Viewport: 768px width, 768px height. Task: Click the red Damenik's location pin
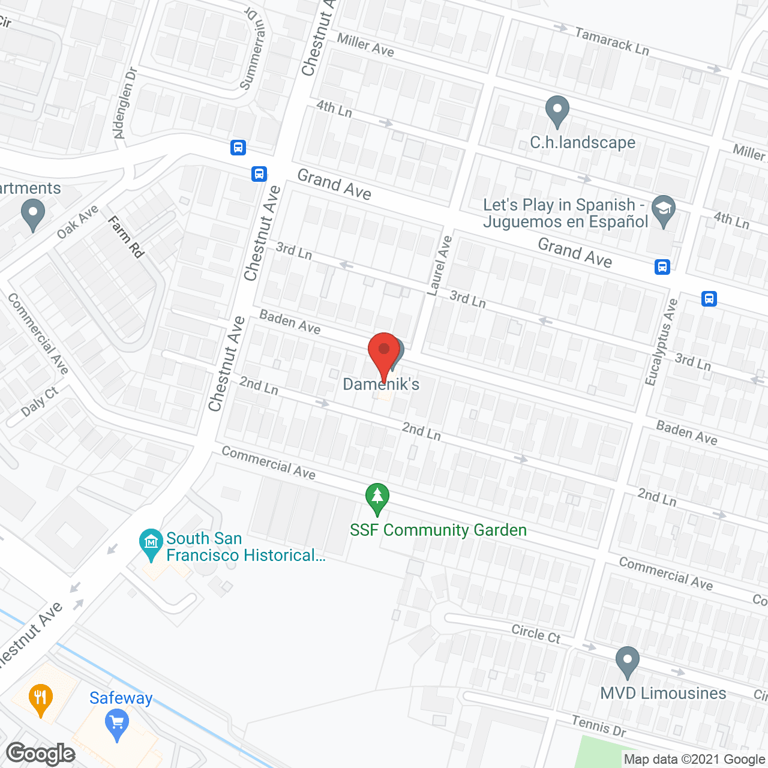pyautogui.click(x=383, y=354)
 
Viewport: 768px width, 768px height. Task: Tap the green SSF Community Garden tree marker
pyautogui.click(x=377, y=498)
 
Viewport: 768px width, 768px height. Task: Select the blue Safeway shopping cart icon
pyautogui.click(x=117, y=725)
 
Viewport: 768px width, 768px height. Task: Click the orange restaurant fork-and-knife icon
pyautogui.click(x=41, y=698)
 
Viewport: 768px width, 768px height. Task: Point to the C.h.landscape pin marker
pyautogui.click(x=557, y=111)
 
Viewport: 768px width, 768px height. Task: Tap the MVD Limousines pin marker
pyautogui.click(x=627, y=661)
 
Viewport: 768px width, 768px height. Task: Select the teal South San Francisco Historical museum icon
pyautogui.click(x=151, y=544)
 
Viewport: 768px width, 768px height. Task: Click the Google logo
pyautogui.click(x=41, y=754)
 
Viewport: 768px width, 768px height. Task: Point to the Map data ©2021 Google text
pyautogui.click(x=694, y=760)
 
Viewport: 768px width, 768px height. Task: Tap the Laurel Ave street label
pyautogui.click(x=439, y=265)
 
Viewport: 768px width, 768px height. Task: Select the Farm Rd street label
pyautogui.click(x=126, y=237)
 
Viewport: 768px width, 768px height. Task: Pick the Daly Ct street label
pyautogui.click(x=40, y=401)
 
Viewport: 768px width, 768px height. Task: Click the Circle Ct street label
pyautogui.click(x=536, y=634)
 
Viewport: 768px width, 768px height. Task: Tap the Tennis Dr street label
pyautogui.click(x=598, y=726)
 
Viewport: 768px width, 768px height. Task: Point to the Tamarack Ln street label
pyautogui.click(x=612, y=41)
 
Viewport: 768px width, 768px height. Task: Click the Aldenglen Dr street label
pyautogui.click(x=126, y=103)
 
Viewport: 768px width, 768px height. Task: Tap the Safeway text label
pyautogui.click(x=121, y=698)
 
